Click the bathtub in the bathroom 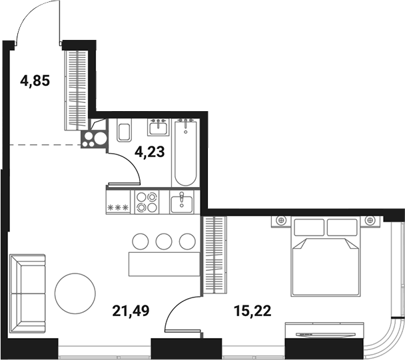click(185, 153)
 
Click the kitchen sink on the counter click(181, 202)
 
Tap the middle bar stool click(164, 241)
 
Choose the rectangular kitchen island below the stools click(164, 262)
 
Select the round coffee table click(75, 293)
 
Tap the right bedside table click(370, 220)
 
